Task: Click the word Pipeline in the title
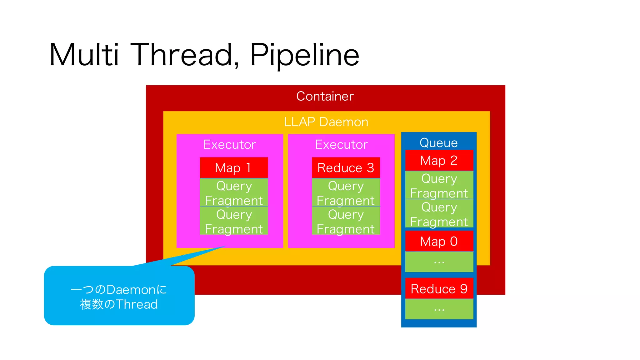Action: pos(305,55)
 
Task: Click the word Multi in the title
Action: pos(84,55)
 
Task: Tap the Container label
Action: pos(325,96)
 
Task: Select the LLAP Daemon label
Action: pos(326,122)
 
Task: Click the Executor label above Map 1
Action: pos(230,145)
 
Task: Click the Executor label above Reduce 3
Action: pos(341,145)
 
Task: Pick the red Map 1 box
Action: pos(234,168)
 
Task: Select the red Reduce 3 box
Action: pos(346,168)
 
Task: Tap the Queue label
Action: pos(438,143)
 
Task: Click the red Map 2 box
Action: pos(439,161)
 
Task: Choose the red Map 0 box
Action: pos(439,241)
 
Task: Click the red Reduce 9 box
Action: pos(439,289)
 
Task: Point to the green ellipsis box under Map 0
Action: pos(439,262)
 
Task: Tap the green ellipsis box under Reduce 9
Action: pos(439,309)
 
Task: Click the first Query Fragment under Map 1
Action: pos(234,193)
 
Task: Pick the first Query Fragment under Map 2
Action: pos(439,186)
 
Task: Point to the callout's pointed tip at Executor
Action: pos(224,247)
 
